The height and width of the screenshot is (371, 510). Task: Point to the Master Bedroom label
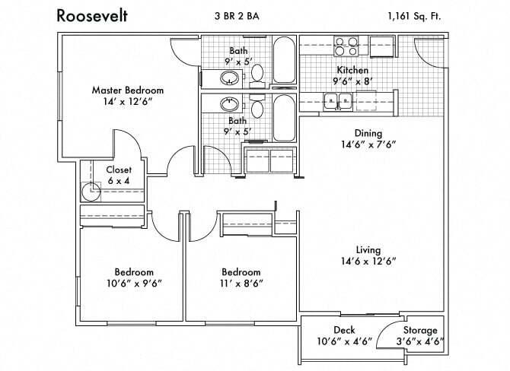(127, 90)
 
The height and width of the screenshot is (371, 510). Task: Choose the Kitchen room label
(352, 70)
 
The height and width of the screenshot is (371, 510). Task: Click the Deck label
(343, 330)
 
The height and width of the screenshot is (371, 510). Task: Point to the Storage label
(420, 330)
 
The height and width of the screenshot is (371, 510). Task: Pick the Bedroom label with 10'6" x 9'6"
(134, 272)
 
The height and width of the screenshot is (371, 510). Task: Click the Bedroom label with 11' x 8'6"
(241, 272)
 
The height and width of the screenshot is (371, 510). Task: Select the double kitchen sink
(336, 100)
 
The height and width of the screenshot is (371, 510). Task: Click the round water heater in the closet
(92, 191)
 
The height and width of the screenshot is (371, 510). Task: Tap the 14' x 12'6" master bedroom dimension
(127, 101)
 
